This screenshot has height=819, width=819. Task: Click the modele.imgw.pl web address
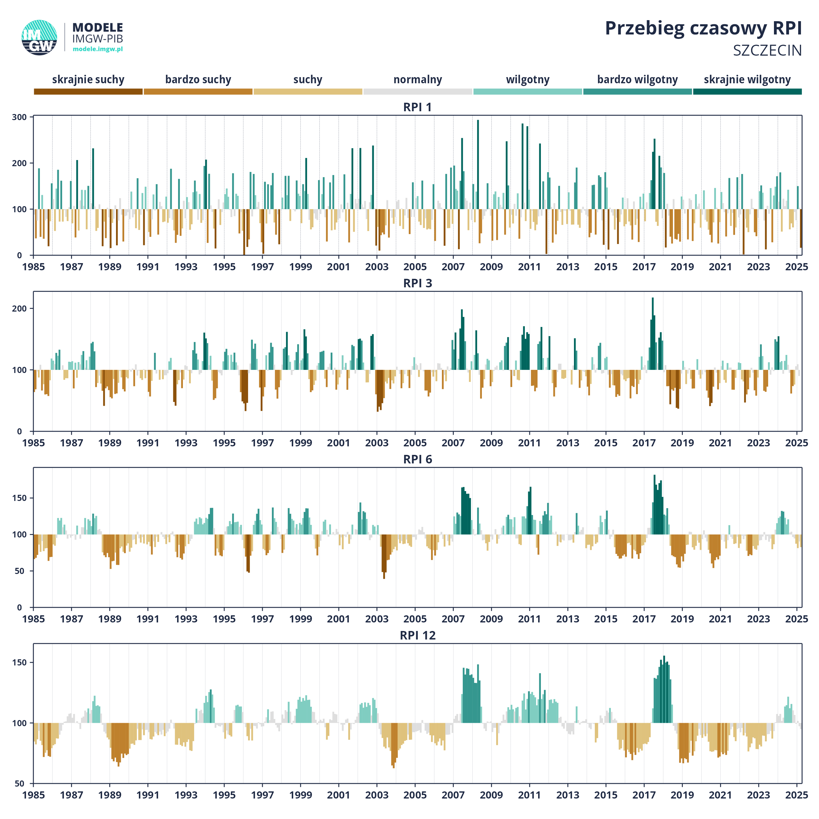pyautogui.click(x=98, y=49)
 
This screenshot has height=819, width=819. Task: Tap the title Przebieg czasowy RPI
pyautogui.click(x=703, y=28)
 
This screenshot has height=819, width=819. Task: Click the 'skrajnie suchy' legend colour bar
pyautogui.click(x=88, y=91)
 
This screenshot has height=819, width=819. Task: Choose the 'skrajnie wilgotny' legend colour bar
pyautogui.click(x=747, y=91)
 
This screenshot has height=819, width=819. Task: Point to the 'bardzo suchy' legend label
pyautogui.click(x=198, y=80)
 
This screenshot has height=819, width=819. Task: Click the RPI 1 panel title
pyautogui.click(x=418, y=107)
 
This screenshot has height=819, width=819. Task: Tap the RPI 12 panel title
pyautogui.click(x=418, y=635)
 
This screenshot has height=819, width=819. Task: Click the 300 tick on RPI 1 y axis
pyautogui.click(x=19, y=117)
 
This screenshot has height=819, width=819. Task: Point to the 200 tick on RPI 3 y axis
pyautogui.click(x=19, y=308)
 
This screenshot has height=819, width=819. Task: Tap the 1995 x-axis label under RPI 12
pyautogui.click(x=224, y=795)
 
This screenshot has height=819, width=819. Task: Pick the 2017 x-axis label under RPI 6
pyautogui.click(x=644, y=619)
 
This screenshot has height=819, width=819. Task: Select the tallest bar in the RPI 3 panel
pyautogui.click(x=653, y=334)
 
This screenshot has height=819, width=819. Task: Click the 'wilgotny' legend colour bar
pyautogui.click(x=528, y=91)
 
